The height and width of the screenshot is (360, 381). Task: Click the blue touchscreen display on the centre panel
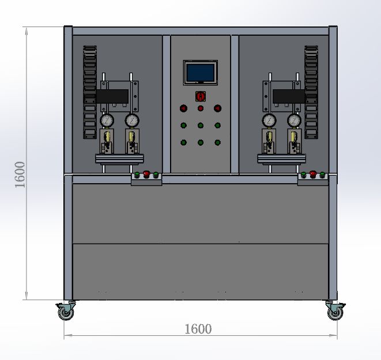coord(201,73)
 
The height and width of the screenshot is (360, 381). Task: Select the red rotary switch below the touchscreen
coord(201,96)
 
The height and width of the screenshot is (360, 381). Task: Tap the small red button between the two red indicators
coord(201,108)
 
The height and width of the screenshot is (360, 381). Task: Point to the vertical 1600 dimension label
coord(20,175)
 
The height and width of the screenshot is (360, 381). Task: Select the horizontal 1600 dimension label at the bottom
coord(198,329)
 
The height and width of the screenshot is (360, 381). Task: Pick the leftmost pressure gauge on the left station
coord(107,120)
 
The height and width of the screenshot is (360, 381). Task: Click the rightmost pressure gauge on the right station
coord(295,120)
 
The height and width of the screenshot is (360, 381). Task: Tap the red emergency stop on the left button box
coord(146,174)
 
